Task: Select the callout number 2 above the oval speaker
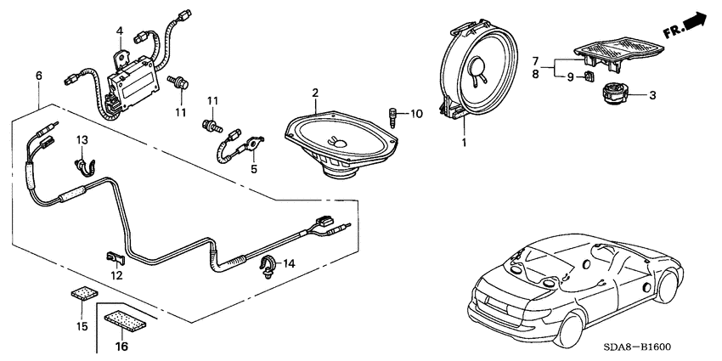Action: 314,92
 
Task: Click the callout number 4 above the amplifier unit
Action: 120,31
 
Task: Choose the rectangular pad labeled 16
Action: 124,322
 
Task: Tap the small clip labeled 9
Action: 587,78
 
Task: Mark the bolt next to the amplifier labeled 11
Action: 179,85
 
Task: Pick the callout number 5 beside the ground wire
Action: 252,168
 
